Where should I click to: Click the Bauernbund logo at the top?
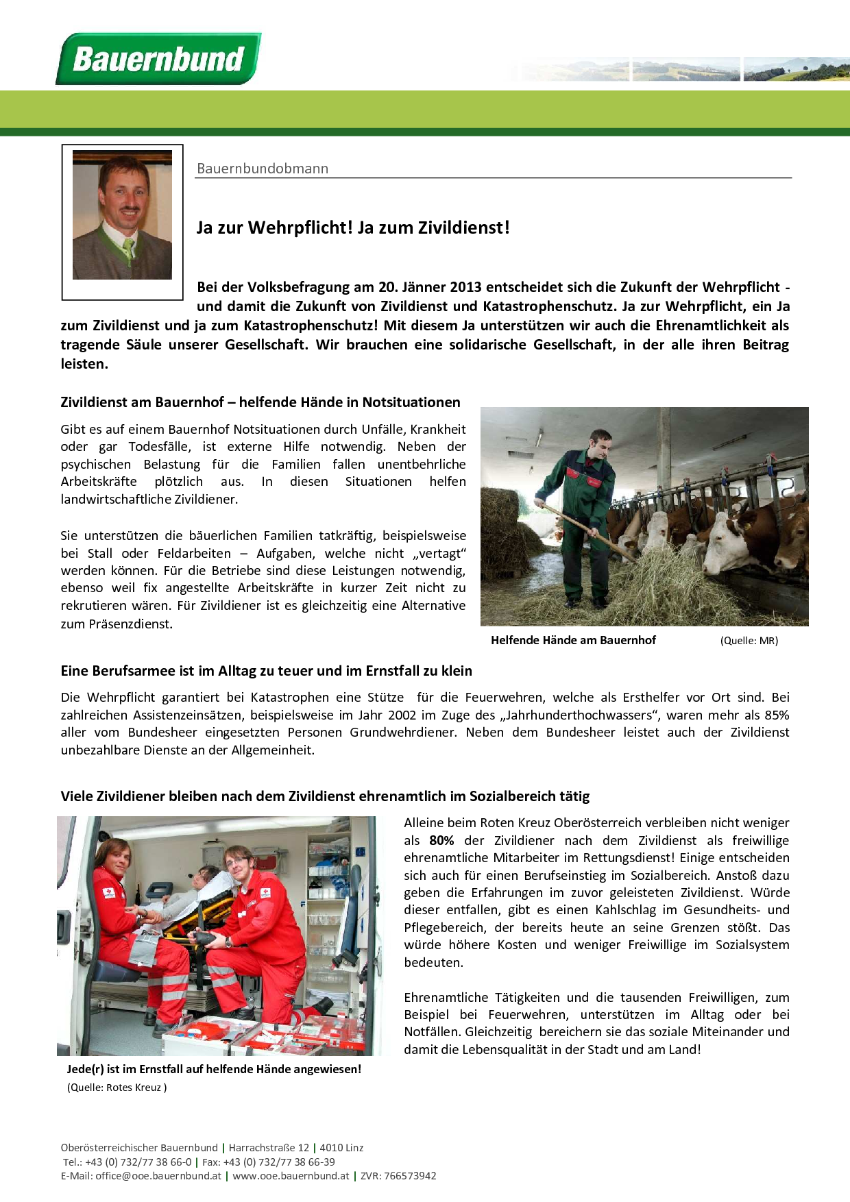point(158,59)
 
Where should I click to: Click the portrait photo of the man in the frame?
point(122,215)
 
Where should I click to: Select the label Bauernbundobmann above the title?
point(263,169)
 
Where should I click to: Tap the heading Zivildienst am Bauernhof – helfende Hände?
point(260,402)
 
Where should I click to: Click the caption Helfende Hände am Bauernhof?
point(573,640)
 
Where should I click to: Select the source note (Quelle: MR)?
point(749,641)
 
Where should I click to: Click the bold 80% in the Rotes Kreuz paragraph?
point(441,840)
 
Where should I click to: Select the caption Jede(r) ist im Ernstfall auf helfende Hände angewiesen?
point(214,1069)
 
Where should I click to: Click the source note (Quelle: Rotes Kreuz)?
point(117,1088)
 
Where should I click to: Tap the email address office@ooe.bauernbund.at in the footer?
point(158,1176)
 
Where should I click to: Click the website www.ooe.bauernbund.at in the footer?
point(291,1176)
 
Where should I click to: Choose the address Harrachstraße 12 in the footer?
point(269,1148)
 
